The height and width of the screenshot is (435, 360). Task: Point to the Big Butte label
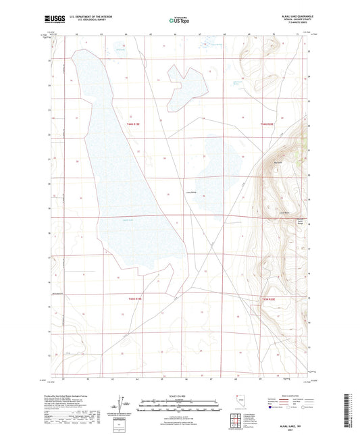(x=278, y=161)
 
